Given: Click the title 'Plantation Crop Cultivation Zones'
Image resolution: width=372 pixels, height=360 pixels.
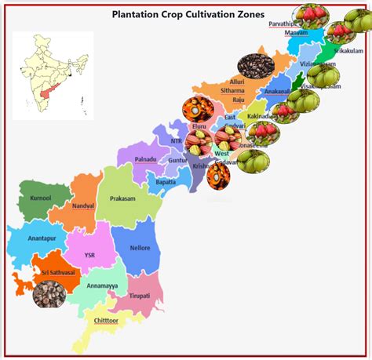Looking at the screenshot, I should [x=188, y=14].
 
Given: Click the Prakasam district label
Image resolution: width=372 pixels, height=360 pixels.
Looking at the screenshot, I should [x=124, y=198].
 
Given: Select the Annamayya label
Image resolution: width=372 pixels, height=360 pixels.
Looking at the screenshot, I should [x=102, y=285].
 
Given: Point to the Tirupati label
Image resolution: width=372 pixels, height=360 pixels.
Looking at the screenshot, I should [x=139, y=295].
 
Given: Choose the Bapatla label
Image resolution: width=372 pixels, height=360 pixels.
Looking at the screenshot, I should [x=165, y=181].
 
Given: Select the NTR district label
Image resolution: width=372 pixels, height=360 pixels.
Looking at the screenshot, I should [x=176, y=141].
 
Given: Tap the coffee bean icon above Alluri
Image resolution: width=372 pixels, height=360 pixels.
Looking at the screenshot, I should [x=256, y=65].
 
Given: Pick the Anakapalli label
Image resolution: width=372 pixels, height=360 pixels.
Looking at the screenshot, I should [x=277, y=91].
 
